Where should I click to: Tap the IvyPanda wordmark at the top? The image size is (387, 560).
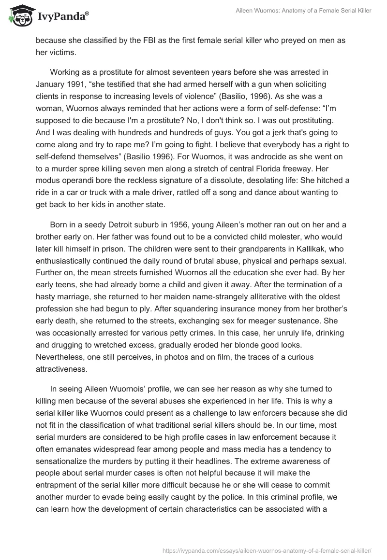[62, 17]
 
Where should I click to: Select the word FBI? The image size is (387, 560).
[141, 41]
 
